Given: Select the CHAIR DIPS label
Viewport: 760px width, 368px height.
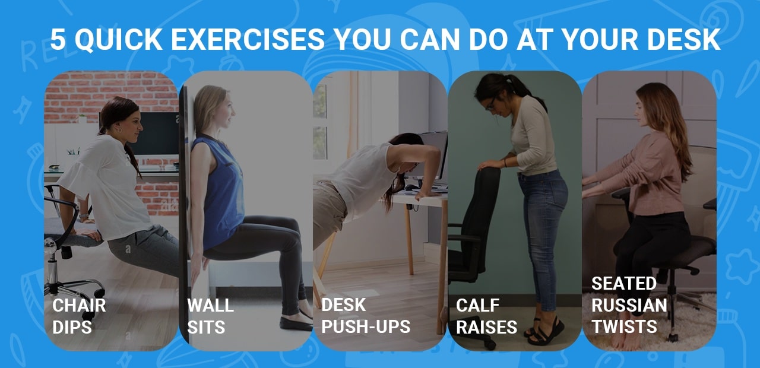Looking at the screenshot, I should [x=78, y=316].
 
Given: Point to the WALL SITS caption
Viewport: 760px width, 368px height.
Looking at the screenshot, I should [x=210, y=316].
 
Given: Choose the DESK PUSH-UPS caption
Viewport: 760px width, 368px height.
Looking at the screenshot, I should [x=365, y=316].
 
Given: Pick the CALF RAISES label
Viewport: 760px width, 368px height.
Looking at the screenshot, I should [x=486, y=316].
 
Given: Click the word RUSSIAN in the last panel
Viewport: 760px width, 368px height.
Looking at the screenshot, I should [x=629, y=305].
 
